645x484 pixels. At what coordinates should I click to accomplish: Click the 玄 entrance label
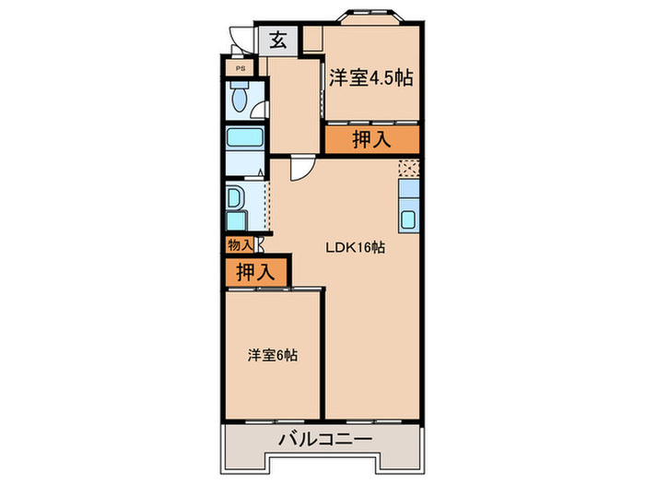point(276,40)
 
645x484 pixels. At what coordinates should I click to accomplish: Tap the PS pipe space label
point(240,68)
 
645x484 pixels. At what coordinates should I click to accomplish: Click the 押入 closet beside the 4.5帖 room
point(371,139)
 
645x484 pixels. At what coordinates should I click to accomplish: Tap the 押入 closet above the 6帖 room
point(255,272)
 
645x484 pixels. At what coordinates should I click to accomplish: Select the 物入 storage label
point(240,244)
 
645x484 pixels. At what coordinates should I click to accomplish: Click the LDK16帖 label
point(355,247)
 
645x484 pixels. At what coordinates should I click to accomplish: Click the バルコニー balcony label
point(325,439)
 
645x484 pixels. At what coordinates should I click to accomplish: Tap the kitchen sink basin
point(409,220)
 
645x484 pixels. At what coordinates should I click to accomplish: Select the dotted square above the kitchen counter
point(408,168)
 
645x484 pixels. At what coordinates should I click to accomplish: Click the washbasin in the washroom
point(234,197)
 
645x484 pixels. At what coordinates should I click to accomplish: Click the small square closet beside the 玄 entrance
point(312,40)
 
